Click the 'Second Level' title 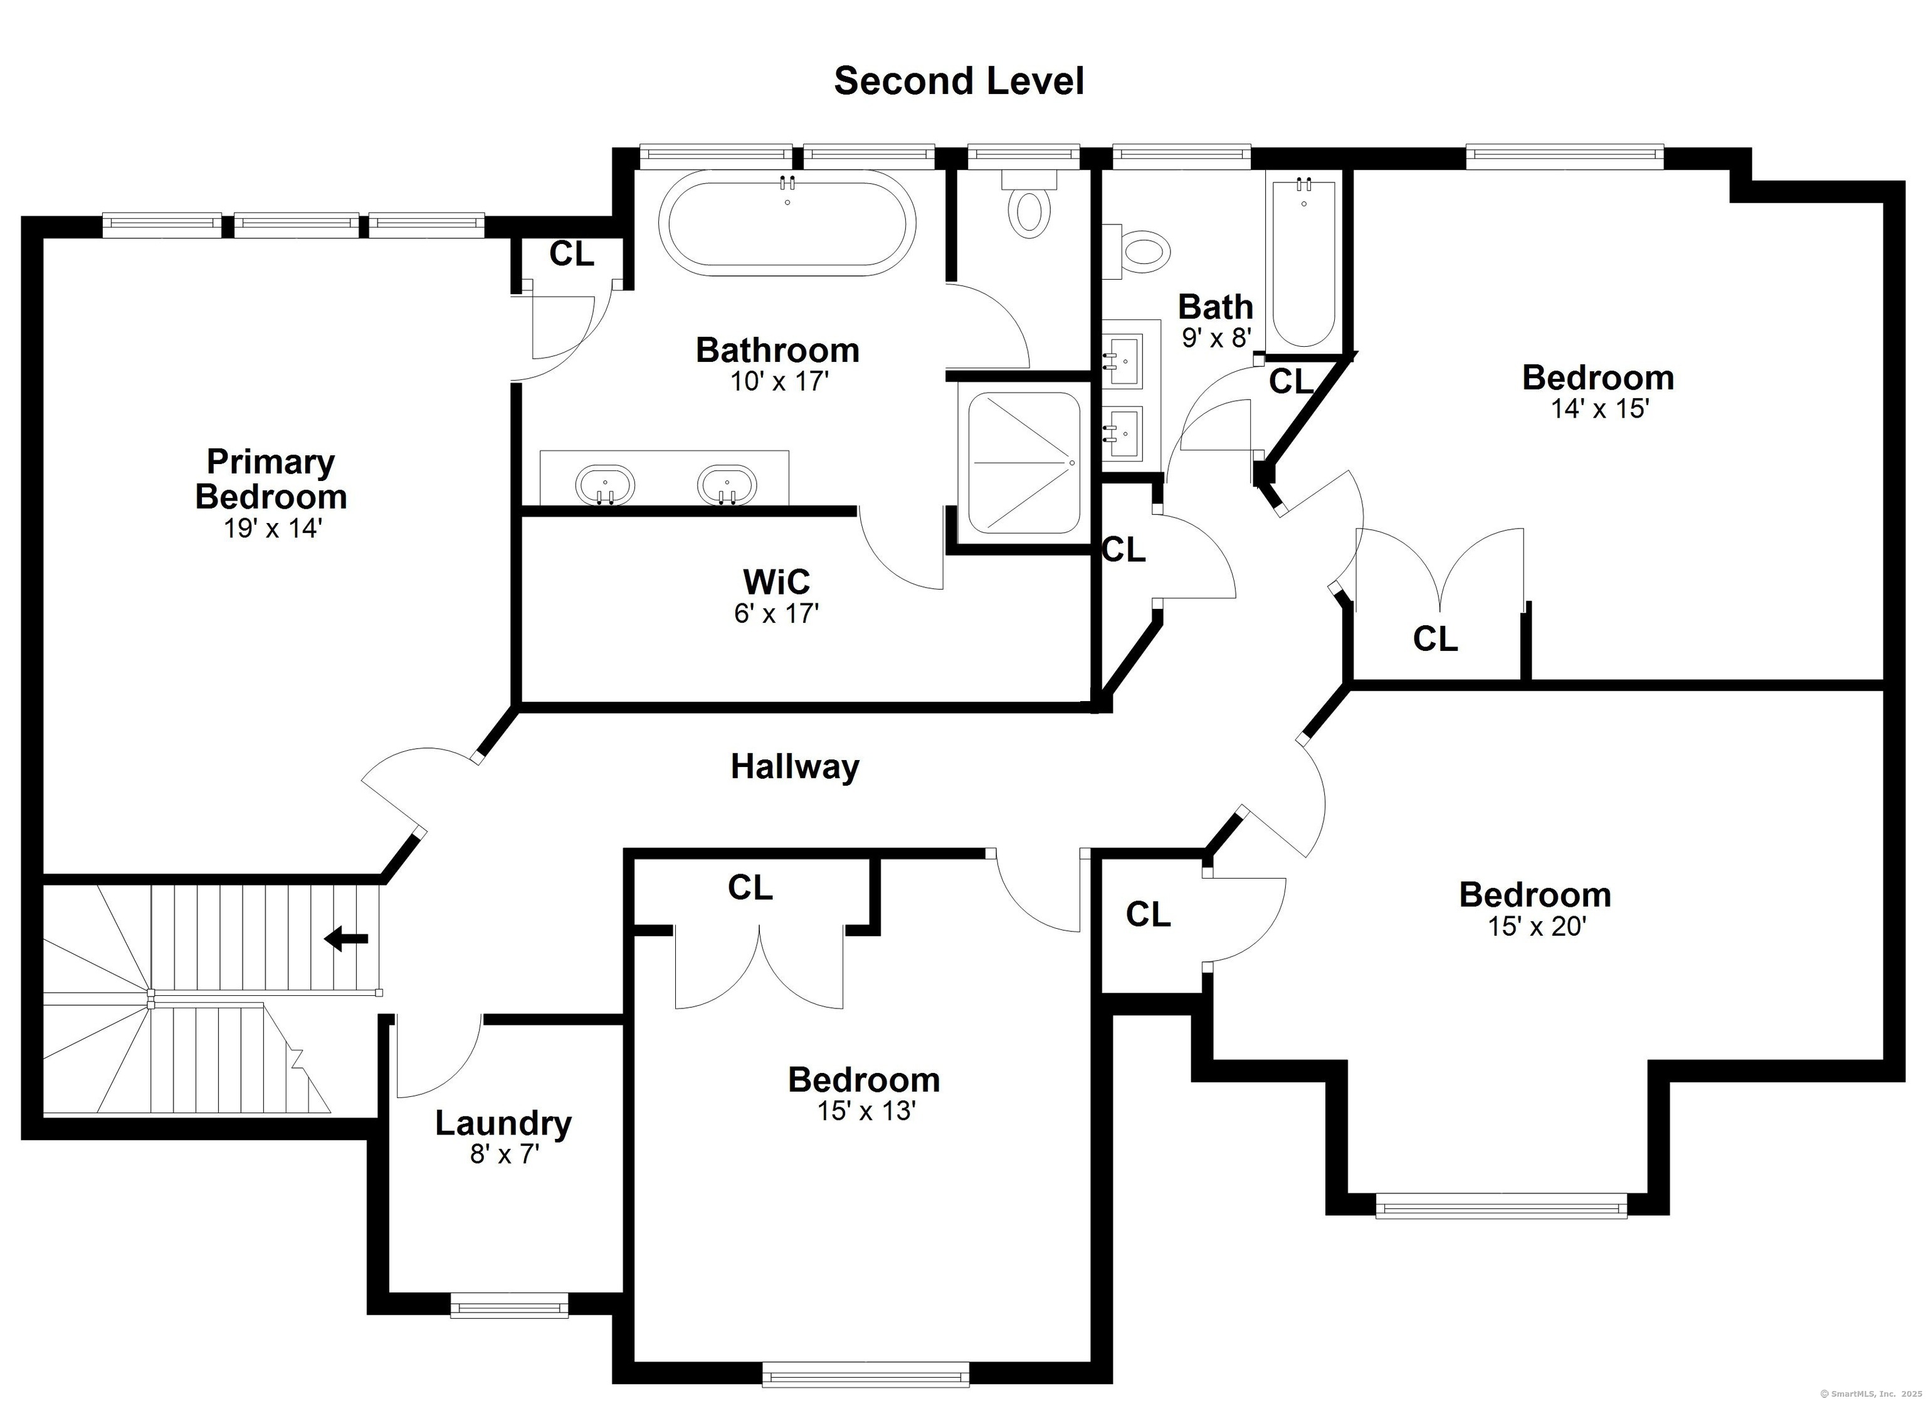click(958, 81)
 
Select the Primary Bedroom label click(271, 479)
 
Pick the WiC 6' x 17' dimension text click(776, 613)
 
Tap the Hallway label click(795, 766)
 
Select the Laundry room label click(503, 1123)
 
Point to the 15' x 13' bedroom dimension click(865, 1111)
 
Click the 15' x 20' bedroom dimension click(1537, 926)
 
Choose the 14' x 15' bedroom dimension click(1600, 409)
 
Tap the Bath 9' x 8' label click(1216, 319)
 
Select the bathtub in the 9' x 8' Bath click(1303, 263)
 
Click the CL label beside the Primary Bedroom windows click(572, 253)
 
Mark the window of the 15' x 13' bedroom click(865, 1374)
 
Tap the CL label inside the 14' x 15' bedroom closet click(1435, 639)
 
